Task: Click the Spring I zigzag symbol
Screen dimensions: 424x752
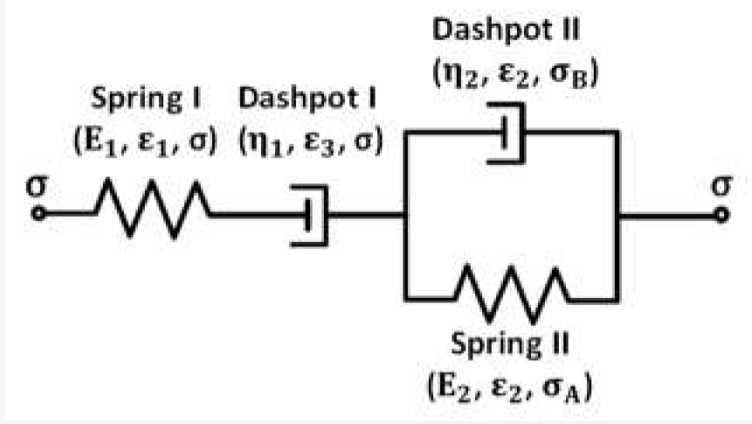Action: tap(151, 211)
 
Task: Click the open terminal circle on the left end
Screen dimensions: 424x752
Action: tap(38, 212)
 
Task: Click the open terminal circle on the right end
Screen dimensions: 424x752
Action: tap(720, 212)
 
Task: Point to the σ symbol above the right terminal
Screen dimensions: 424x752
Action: tap(720, 187)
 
